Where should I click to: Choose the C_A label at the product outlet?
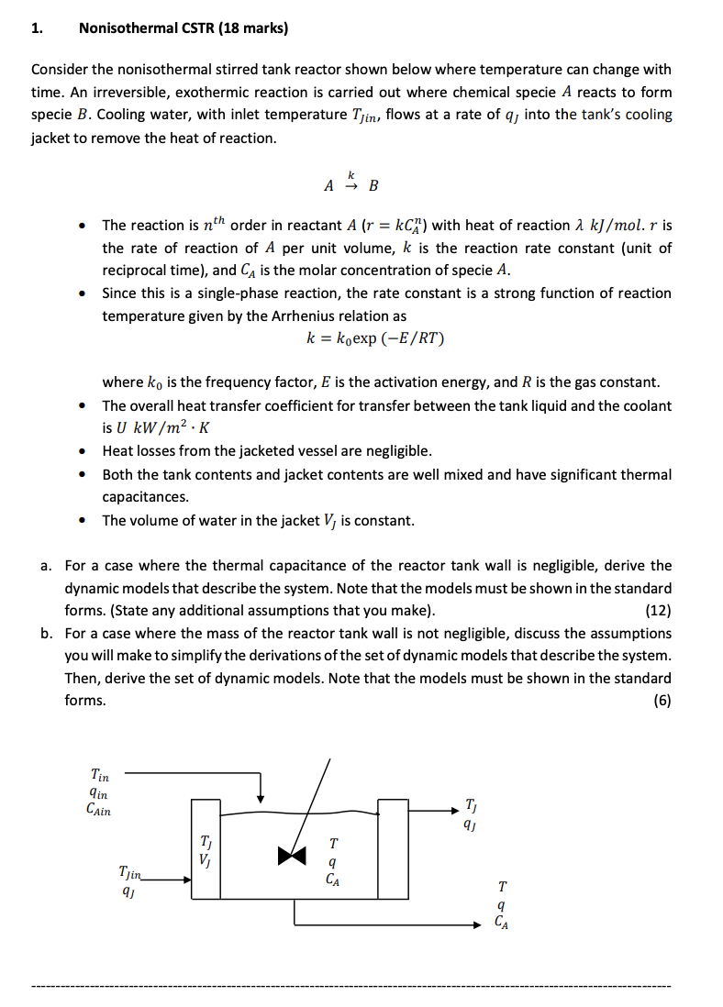500,924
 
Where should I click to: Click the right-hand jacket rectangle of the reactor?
394,848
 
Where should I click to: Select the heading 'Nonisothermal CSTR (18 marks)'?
184,28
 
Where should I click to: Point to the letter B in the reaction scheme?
373,185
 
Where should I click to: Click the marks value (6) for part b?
662,700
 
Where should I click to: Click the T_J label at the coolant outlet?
472,806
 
